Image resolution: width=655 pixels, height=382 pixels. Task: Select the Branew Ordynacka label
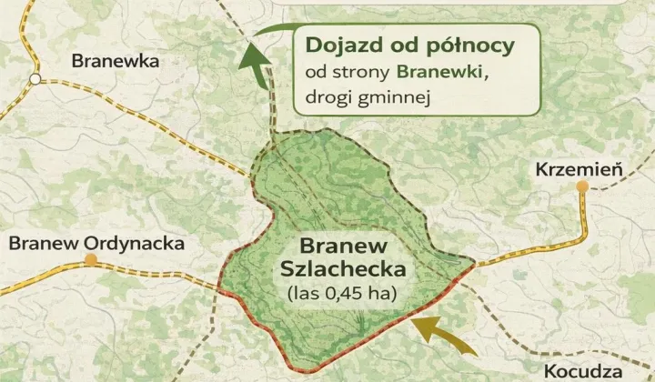click(x=96, y=244)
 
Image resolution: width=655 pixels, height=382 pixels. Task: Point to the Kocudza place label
click(x=583, y=371)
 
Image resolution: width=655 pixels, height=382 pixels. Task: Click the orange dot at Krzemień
click(x=582, y=186)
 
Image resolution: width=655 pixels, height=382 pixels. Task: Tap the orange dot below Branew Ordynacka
click(x=90, y=261)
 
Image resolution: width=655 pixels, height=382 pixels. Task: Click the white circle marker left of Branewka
click(x=34, y=79)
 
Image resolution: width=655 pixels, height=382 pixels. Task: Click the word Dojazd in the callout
click(x=338, y=45)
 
